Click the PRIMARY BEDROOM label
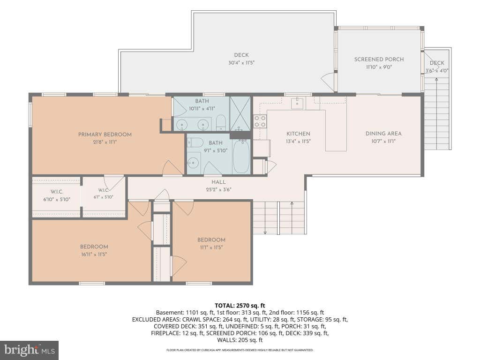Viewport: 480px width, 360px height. coord(105,135)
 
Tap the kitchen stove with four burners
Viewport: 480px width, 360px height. coord(260,121)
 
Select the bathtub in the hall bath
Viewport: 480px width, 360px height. coord(241,157)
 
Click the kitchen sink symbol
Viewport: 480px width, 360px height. coord(297,103)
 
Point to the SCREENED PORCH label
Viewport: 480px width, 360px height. coord(379,60)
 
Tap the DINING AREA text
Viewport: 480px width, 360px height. coord(383,134)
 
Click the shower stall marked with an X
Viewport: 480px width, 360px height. coord(240,113)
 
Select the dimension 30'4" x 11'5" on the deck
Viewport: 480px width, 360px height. coord(241,63)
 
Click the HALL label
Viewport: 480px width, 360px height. coord(218,182)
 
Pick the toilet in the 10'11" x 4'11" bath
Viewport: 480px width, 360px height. coord(221,122)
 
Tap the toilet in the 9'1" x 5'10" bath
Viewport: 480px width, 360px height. coord(195,142)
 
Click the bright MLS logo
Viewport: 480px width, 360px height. coord(30,350)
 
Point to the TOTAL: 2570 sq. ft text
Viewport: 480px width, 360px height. coord(240,306)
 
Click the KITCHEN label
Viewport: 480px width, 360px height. coord(299,134)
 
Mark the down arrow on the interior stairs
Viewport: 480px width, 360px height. coord(265,218)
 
